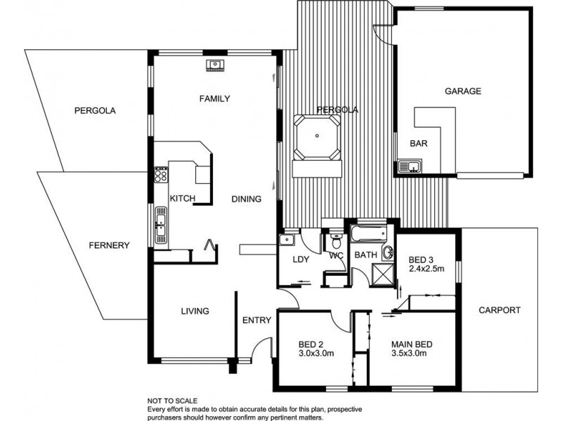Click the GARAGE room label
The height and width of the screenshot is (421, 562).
click(462, 91)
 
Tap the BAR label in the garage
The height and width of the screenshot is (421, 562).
click(419, 143)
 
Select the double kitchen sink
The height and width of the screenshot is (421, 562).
click(160, 224)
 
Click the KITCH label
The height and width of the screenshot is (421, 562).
click(182, 199)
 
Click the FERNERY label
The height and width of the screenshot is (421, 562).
click(109, 246)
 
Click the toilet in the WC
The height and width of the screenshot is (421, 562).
click(336, 242)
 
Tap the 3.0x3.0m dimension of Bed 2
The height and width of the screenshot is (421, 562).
click(315, 354)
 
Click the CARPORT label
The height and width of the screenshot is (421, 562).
click(499, 310)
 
